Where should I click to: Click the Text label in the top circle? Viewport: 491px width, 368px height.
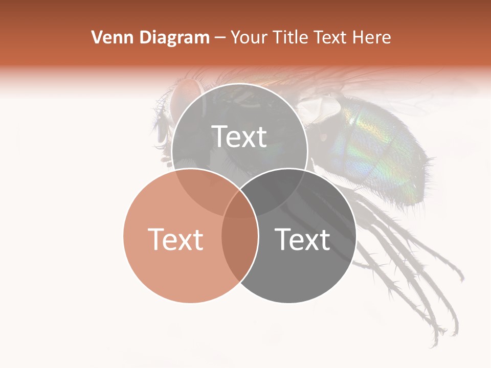239,136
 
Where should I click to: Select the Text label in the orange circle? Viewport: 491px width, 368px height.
175,239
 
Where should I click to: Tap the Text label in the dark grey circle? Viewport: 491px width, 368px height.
302,239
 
